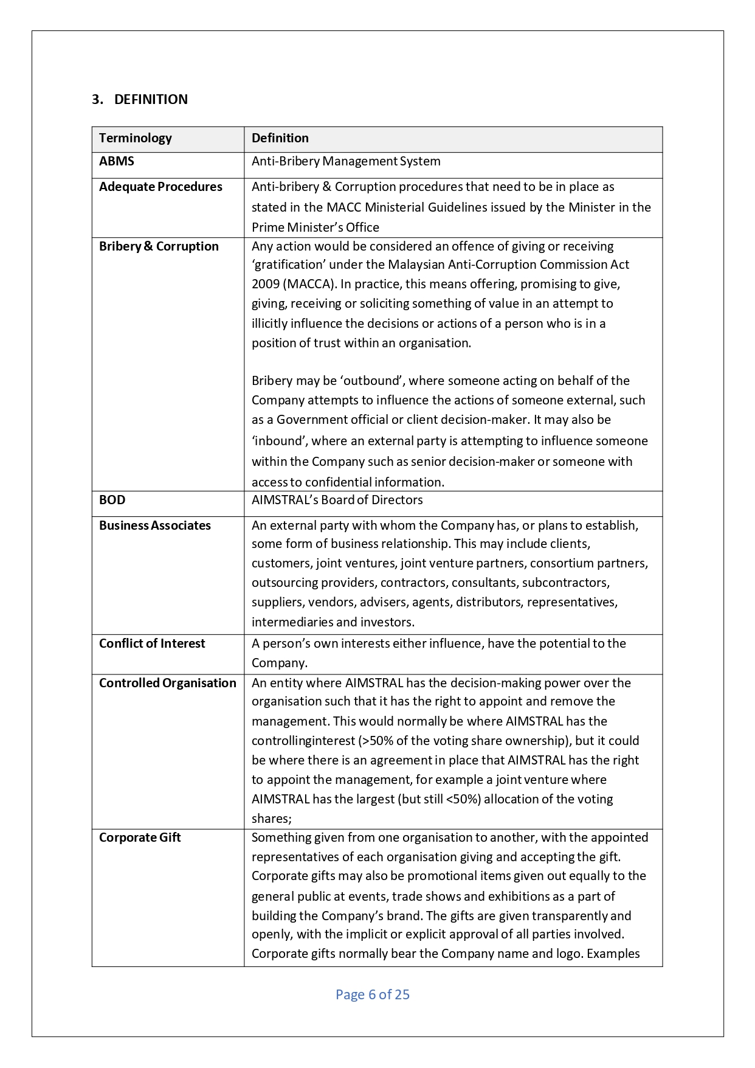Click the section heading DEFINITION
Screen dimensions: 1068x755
151,100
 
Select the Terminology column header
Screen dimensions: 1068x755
136,139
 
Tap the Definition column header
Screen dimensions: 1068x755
280,139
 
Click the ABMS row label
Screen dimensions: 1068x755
117,162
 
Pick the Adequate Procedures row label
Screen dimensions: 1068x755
160,187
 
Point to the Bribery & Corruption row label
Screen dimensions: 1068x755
159,247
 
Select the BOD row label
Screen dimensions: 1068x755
112,501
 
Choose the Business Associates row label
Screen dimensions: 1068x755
155,526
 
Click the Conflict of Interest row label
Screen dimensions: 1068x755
152,644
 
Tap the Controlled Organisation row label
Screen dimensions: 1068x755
168,684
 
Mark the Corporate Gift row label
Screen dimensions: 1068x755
140,838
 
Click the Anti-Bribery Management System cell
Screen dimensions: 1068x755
346,162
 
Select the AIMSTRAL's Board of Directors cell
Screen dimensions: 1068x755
337,501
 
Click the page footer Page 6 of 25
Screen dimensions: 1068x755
373,995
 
